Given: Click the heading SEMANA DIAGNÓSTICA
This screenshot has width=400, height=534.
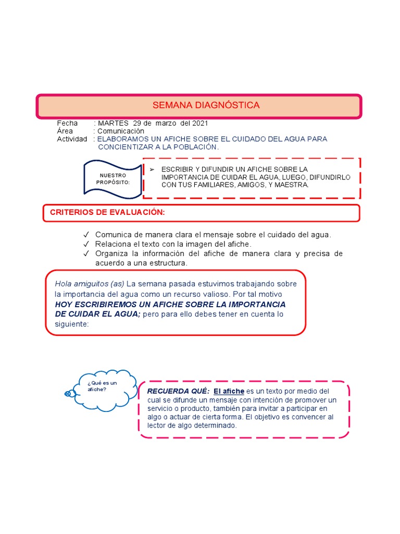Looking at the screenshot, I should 206,105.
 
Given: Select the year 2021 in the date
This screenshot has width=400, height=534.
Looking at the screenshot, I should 199,123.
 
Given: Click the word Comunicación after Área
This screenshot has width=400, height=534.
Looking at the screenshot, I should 121,131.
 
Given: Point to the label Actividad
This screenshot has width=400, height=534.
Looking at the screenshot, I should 72,139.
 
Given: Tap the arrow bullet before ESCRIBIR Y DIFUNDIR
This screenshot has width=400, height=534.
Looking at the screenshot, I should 152,169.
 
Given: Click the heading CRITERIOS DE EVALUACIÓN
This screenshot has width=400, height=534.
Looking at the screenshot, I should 107,212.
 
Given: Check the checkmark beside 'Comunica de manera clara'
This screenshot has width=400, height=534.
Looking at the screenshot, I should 85,235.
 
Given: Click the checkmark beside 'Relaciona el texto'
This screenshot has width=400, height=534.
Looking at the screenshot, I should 85,244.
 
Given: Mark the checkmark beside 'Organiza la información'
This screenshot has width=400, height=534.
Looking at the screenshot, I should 85,254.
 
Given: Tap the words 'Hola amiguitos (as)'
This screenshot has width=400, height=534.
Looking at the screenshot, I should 89,284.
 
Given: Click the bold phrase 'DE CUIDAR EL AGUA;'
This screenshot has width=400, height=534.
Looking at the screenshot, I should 98,314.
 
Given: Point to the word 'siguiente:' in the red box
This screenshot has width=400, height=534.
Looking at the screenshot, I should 72,324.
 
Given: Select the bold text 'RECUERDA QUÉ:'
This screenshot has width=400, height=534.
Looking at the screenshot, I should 178,391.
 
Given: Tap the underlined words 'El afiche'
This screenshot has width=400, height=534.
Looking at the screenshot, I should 229,391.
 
